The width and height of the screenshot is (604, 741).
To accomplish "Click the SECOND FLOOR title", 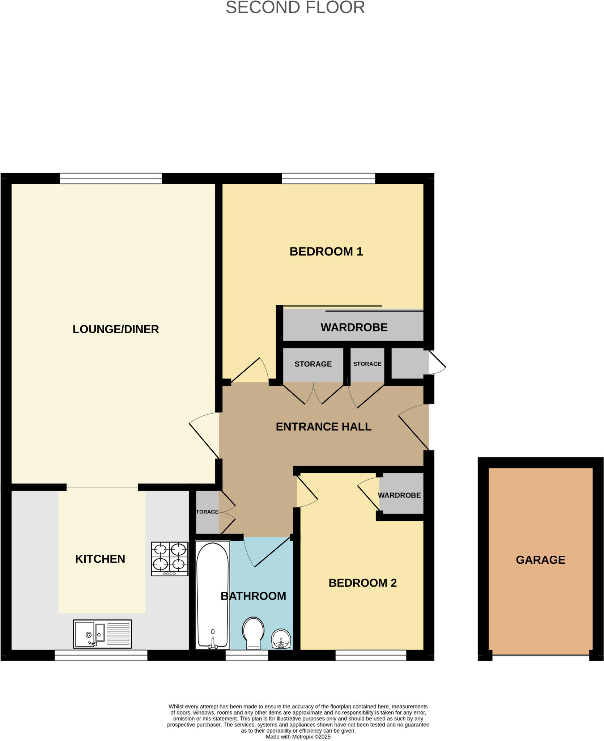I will coord(295,8).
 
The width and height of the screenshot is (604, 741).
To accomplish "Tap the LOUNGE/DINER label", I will coord(116,329).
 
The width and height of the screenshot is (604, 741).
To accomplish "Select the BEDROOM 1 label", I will coord(326,251).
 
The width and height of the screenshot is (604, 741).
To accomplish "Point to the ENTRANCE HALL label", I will coord(324,427).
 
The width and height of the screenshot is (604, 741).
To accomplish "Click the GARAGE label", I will coord(540,560).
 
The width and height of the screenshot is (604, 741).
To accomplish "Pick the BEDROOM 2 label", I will coord(362,583).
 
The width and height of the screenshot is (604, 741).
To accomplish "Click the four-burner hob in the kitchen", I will coord(170,559).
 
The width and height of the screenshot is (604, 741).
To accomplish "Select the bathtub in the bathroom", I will coord(212,595).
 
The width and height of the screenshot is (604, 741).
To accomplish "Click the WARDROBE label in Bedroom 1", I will coord(354,327).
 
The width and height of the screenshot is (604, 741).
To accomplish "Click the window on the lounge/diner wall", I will coord(111,178).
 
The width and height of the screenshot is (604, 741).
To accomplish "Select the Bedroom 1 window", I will coord(328,178).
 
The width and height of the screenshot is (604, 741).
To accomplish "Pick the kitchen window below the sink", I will coord(101,655).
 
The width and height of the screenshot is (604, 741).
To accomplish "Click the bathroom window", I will coord(247,655).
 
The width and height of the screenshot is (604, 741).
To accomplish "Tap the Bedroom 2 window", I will coord(371,655).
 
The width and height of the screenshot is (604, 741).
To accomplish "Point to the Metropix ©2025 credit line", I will coord(298,737).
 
